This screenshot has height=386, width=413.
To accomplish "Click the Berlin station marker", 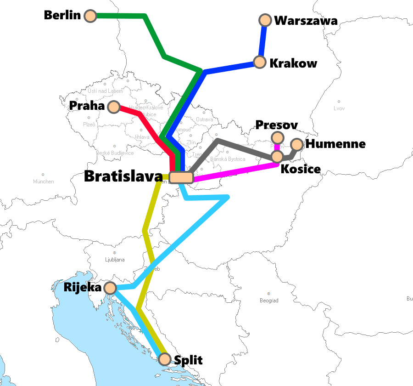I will (91, 16).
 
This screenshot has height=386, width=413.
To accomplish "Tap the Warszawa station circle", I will (265, 20).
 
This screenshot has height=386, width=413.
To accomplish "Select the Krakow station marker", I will (260, 62).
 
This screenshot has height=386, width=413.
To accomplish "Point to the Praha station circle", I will (113, 107).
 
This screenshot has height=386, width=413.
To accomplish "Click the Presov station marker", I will (277, 137).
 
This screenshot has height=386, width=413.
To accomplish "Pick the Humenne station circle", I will (297, 145).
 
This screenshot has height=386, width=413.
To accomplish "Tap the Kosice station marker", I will (277, 157).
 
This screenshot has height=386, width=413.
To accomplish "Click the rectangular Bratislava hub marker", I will (181, 177).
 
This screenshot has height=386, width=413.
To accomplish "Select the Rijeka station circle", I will (110, 288).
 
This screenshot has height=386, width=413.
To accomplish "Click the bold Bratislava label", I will (123, 177).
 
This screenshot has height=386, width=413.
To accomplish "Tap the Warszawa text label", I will (306, 21).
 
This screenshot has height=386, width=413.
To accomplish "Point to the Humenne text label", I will (335, 144).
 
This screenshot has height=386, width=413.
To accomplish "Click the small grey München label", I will (43, 182).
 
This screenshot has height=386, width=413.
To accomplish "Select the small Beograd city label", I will (268, 301).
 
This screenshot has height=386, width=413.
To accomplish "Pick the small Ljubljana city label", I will (114, 260).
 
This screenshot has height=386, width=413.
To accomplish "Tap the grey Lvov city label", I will (339, 108).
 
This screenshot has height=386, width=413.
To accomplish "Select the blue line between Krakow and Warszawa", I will (262, 41).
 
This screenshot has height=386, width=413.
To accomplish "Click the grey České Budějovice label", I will (115, 153).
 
